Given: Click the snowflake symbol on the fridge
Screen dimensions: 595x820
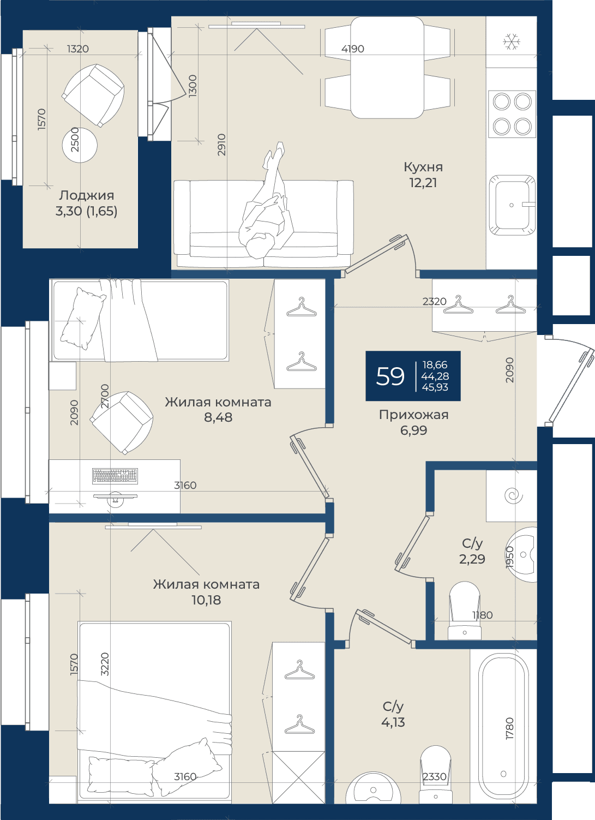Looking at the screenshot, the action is (x=512, y=41).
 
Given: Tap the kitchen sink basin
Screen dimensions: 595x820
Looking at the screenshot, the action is (x=512, y=205).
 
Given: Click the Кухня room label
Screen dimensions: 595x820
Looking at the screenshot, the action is (x=423, y=167).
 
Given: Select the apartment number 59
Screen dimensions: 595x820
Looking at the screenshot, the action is (x=390, y=376).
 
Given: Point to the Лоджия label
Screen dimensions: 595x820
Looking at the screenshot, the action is (x=87, y=195).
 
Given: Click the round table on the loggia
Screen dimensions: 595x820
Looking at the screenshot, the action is (x=80, y=145).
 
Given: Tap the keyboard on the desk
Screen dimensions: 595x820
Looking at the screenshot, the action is (x=115, y=476).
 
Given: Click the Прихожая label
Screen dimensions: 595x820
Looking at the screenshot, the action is (x=413, y=415).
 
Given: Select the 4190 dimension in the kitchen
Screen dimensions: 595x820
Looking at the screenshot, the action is (x=353, y=49).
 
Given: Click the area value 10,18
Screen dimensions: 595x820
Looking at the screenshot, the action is (x=206, y=600).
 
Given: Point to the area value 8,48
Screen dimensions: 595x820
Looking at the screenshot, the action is (x=219, y=417).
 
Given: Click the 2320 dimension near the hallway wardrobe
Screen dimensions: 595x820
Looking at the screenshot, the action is (x=434, y=301).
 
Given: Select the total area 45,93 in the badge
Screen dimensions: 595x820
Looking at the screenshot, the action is (x=435, y=387).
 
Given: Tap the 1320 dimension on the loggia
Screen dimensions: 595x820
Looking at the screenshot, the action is (x=78, y=49).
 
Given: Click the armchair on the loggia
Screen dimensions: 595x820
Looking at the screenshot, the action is (x=93, y=95).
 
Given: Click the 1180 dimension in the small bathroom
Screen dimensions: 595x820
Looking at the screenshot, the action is (x=482, y=615).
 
